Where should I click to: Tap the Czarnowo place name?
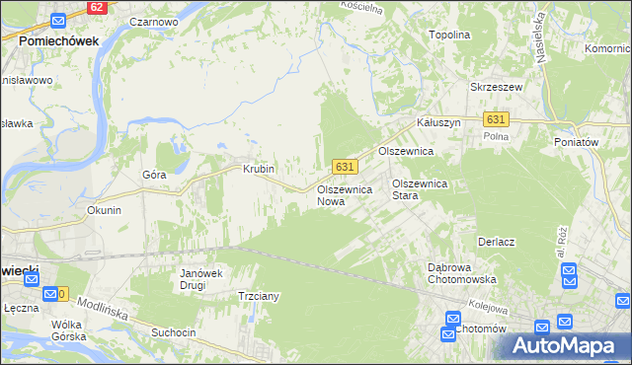pyautogui.click(x=153, y=21)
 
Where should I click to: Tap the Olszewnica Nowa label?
pyautogui.click(x=344, y=194)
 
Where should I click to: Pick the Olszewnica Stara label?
pyautogui.click(x=421, y=189)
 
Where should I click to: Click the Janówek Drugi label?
pyautogui.click(x=198, y=279)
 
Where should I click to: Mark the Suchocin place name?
pyautogui.click(x=174, y=332)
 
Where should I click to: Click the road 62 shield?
pyautogui.click(x=95, y=6)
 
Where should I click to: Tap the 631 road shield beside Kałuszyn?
pyautogui.click(x=496, y=119)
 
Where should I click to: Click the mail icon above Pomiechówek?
pyautogui.click(x=58, y=21)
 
